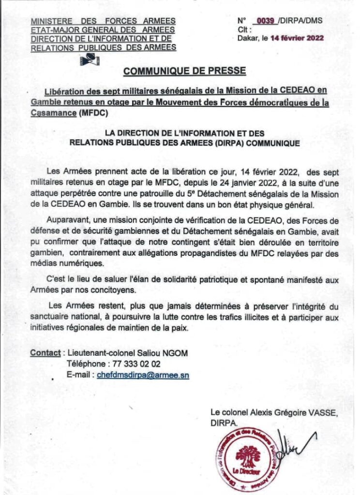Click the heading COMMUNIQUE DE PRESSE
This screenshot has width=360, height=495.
click(x=184, y=71)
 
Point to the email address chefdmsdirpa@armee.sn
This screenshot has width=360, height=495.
click(x=143, y=375)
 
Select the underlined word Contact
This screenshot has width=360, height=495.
click(x=45, y=353)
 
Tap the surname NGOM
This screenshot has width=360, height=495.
click(x=175, y=353)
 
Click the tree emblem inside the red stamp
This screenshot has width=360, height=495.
click(x=248, y=455)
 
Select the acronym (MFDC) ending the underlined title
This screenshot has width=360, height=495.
click(x=93, y=113)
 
